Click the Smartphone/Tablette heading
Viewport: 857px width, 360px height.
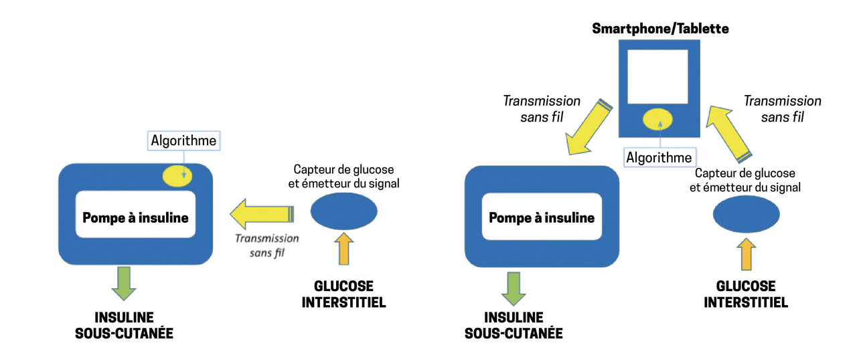point(659,29)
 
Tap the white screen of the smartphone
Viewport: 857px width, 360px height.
point(657,76)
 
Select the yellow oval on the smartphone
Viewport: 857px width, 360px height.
point(659,120)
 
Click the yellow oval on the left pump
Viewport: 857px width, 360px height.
point(178,175)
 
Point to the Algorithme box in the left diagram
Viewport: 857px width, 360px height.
point(183,141)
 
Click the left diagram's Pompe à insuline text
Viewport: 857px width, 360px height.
point(135,217)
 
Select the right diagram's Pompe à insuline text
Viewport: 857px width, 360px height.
point(542,217)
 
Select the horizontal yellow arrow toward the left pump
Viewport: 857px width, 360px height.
point(262,214)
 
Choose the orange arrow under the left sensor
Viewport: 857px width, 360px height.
point(343,248)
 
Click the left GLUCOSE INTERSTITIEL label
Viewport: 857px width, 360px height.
point(343,294)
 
